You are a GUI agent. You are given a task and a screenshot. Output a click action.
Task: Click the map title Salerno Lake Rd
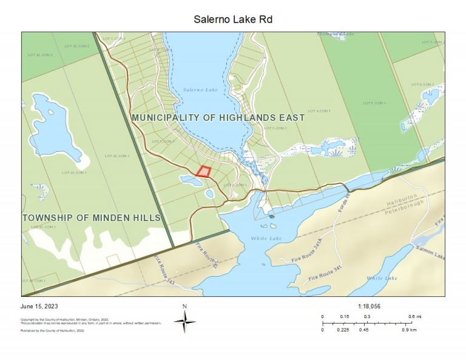pos(233,19)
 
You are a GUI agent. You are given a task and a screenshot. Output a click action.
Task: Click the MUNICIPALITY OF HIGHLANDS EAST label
pos(218,117)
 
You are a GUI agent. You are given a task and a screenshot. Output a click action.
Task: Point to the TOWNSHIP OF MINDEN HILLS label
pos(92,217)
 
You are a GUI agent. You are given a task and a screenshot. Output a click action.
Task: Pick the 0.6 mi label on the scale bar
pos(414,317)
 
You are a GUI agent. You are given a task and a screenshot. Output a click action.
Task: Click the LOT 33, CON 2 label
pos(41,55)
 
